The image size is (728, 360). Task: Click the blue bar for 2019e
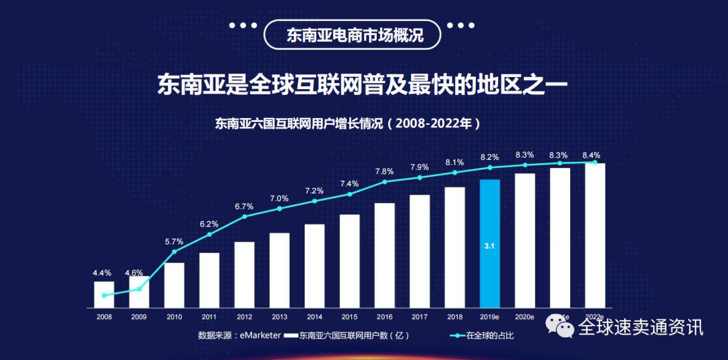tap(489, 243)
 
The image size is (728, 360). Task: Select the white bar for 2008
tap(104, 294)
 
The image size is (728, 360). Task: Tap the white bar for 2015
tap(349, 261)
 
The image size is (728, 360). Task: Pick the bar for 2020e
tap(524, 240)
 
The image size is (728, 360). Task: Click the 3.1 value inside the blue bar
tap(489, 247)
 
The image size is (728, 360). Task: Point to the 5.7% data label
tap(174, 241)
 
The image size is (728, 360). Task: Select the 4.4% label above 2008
tap(102, 273)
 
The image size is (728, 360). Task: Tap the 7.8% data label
tap(384, 171)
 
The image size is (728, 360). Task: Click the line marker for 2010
tap(174, 251)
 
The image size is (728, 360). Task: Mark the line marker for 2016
tap(384, 181)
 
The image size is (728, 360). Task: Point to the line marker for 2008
tap(104, 295)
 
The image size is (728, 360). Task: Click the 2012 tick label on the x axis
tap(244, 316)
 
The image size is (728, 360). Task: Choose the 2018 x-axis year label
tap(454, 316)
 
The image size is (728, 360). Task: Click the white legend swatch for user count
tap(291, 335)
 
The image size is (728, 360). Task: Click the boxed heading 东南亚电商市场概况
tap(353, 35)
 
